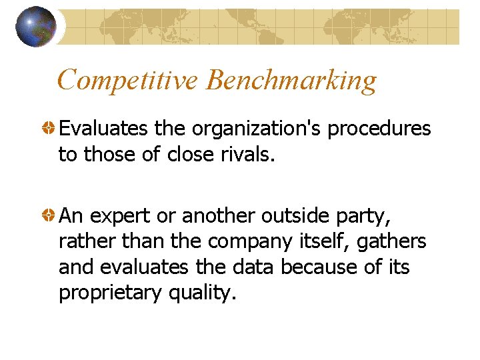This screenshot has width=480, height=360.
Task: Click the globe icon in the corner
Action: click(x=36, y=26)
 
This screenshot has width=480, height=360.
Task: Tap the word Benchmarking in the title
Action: click(x=291, y=81)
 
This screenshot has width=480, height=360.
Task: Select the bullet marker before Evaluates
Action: click(x=49, y=128)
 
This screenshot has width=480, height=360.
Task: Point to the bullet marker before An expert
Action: click(x=49, y=215)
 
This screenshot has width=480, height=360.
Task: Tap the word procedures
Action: click(x=379, y=129)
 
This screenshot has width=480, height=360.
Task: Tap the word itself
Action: click(x=327, y=241)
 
